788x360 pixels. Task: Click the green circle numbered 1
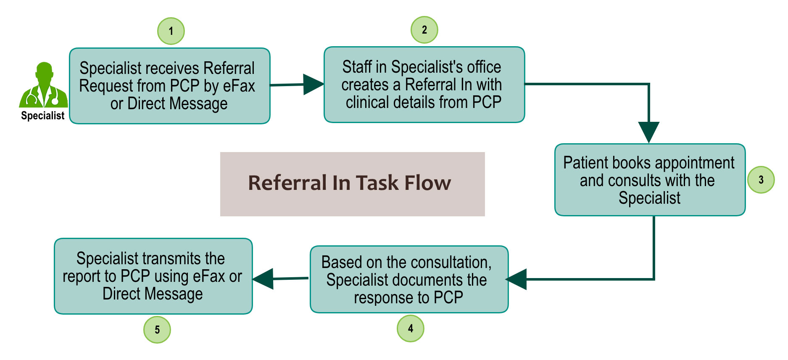click(x=171, y=31)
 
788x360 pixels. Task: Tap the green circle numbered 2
click(x=424, y=30)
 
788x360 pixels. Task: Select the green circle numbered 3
click(x=761, y=180)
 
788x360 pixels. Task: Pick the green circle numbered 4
click(x=410, y=328)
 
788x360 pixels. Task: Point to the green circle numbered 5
click(x=157, y=330)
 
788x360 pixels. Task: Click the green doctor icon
click(x=43, y=86)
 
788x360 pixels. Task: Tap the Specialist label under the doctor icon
click(x=43, y=116)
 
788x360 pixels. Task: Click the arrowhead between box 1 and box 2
click(x=312, y=84)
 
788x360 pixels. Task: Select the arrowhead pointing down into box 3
click(x=648, y=131)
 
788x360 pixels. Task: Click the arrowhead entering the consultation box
click(x=517, y=279)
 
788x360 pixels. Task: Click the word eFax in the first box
click(x=239, y=86)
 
